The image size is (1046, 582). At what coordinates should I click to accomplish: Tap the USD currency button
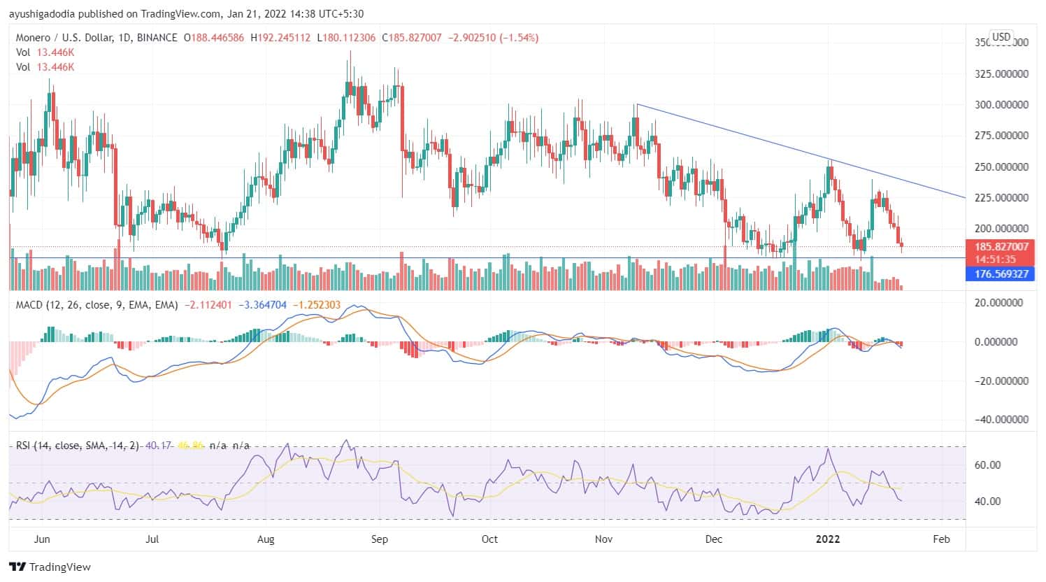click(1001, 37)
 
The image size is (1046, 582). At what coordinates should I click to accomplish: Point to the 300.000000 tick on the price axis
click(1001, 105)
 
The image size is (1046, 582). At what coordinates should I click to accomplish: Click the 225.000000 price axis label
click(1001, 198)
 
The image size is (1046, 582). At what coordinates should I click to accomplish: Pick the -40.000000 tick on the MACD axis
click(1001, 420)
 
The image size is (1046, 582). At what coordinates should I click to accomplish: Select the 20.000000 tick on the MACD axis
click(1001, 303)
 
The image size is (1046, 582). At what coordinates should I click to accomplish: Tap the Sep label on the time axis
click(378, 539)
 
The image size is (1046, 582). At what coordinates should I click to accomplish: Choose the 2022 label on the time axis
click(829, 539)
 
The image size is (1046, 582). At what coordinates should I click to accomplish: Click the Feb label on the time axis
click(941, 539)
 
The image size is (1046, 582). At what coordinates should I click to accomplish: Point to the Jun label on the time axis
click(42, 539)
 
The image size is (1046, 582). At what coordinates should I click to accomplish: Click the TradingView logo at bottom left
click(50, 567)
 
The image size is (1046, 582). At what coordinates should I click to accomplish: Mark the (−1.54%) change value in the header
click(519, 38)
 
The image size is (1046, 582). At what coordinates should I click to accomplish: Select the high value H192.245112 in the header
click(281, 38)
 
